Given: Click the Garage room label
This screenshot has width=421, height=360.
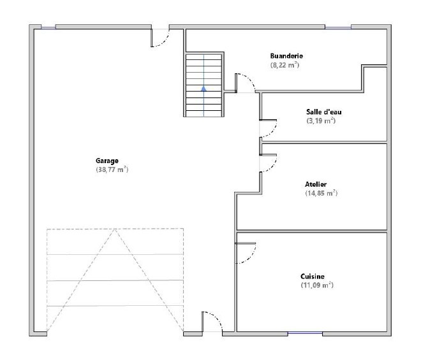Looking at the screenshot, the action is pyautogui.click(x=107, y=161).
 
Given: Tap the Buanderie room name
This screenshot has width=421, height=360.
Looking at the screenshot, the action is pyautogui.click(x=286, y=56).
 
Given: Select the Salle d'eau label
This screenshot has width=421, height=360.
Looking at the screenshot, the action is pyautogui.click(x=324, y=112).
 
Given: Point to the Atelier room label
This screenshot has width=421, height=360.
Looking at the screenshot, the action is pyautogui.click(x=316, y=184).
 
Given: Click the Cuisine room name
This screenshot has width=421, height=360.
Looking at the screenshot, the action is pyautogui.click(x=313, y=277).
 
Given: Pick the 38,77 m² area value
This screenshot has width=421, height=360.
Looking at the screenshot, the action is pyautogui.click(x=112, y=169).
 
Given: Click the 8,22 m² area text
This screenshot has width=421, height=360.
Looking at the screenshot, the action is pyautogui.click(x=284, y=65).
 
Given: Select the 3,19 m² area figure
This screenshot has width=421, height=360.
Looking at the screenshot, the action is pyautogui.click(x=321, y=120).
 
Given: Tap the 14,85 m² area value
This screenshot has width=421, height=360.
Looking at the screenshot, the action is pyautogui.click(x=321, y=193).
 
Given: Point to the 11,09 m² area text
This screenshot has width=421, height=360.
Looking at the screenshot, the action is pyautogui.click(x=317, y=285).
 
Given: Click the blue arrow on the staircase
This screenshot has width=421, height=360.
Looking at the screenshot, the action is pyautogui.click(x=203, y=89).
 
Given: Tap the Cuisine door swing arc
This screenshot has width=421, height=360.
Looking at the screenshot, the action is pyautogui.click(x=251, y=257).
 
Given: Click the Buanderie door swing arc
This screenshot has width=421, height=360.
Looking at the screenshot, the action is pyautogui.click(x=249, y=79).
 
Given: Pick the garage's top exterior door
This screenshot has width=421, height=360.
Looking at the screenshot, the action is pyautogui.click(x=164, y=41).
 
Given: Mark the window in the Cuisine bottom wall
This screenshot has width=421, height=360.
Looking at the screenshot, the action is pyautogui.click(x=305, y=333).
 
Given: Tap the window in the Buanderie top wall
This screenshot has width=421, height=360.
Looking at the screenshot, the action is pyautogui.click(x=338, y=27).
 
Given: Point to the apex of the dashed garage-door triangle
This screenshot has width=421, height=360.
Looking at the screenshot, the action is pyautogui.click(x=115, y=229).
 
